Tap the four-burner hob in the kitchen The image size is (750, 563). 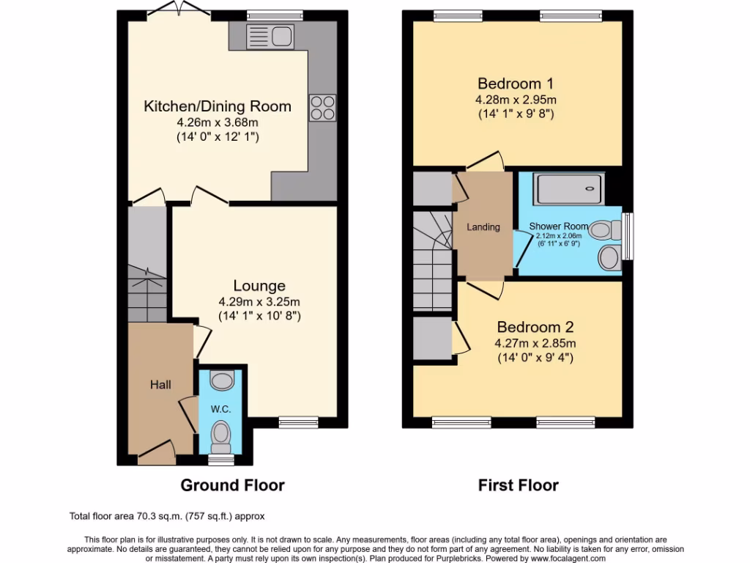point(322,108)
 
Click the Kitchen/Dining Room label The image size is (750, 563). point(217,106)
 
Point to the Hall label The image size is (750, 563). point(161,384)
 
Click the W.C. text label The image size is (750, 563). point(220,409)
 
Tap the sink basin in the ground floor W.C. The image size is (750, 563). point(220,379)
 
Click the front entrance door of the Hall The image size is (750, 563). point(155,455)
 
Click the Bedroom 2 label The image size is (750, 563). point(535,327)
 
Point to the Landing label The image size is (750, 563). point(483,227)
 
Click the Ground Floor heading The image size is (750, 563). point(232,485)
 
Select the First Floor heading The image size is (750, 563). point(518,485)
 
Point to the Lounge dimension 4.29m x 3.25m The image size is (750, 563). point(259,301)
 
